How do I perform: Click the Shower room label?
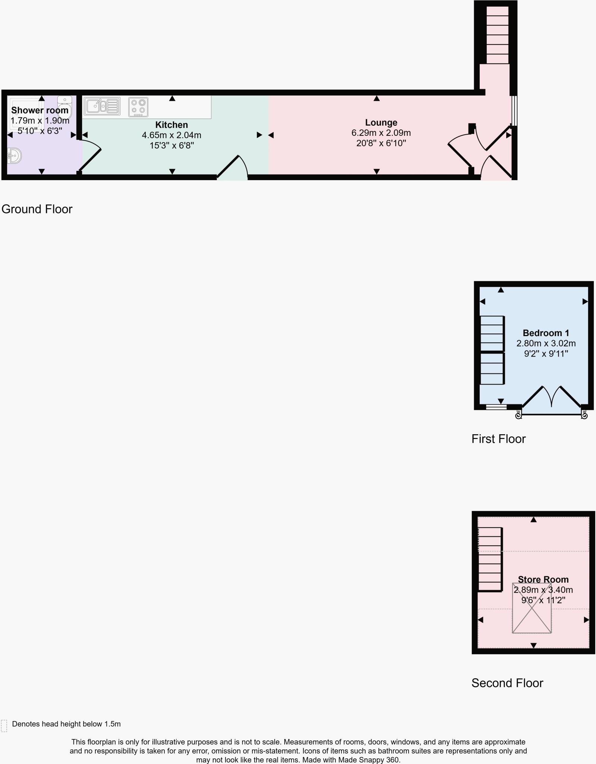[40, 110]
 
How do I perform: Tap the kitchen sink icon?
[102, 106]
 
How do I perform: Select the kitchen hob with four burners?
[138, 107]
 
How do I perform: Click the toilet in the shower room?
[65, 107]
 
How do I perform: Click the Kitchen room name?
[171, 125]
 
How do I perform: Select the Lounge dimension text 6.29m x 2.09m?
[381, 133]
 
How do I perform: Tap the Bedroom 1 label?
[546, 333]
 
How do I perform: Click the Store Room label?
[543, 579]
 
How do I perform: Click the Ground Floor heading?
[37, 209]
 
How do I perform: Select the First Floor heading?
[498, 439]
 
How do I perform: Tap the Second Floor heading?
[507, 683]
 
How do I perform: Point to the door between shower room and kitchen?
[89, 157]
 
